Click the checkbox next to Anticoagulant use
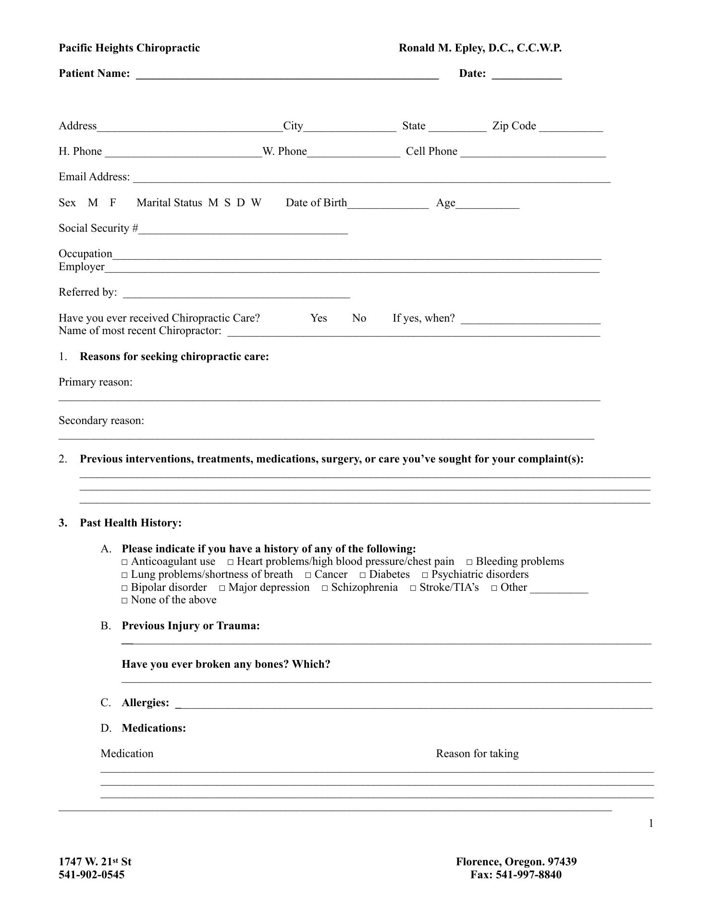[x=125, y=562]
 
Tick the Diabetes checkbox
[x=363, y=575]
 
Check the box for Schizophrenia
[x=325, y=588]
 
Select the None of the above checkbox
[x=125, y=600]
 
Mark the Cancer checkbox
[x=308, y=575]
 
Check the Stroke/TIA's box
[x=413, y=588]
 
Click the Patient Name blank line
[x=287, y=74]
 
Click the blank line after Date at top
[x=527, y=74]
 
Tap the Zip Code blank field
[x=571, y=127]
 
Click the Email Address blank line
[x=371, y=178]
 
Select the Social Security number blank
[x=243, y=229]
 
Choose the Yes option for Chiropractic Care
[x=319, y=318]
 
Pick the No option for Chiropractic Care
[x=359, y=318]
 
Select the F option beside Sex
[x=113, y=203]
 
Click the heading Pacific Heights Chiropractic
[x=129, y=48]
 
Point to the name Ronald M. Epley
[x=480, y=48]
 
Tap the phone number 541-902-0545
[x=92, y=874]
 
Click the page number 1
[x=651, y=823]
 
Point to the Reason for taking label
[x=477, y=754]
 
